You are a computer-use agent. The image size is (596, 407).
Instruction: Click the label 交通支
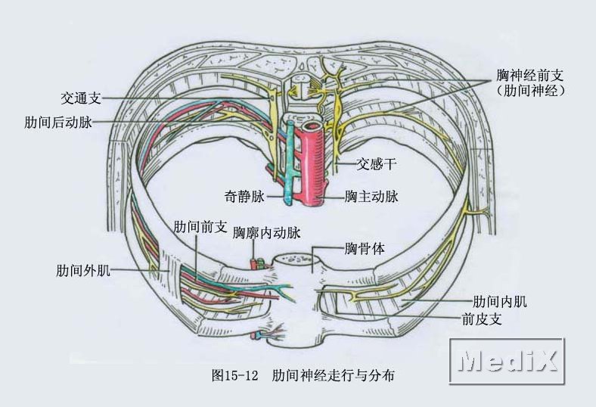click(80, 98)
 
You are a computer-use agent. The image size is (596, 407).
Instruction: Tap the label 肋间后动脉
click(58, 122)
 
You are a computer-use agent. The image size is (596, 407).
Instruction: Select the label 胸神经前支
click(531, 76)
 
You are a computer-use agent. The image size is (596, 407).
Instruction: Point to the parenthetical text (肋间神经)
click(531, 91)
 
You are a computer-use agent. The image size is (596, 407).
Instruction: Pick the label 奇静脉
click(244, 197)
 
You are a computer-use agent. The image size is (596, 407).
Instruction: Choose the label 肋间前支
click(200, 226)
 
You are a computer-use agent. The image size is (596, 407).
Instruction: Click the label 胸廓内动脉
click(267, 234)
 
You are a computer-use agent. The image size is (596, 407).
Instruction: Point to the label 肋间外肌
click(83, 270)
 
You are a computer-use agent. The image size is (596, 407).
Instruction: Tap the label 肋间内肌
click(499, 302)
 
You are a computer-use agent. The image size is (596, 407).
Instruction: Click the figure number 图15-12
click(236, 375)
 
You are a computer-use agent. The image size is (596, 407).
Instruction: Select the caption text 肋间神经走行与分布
click(334, 375)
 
